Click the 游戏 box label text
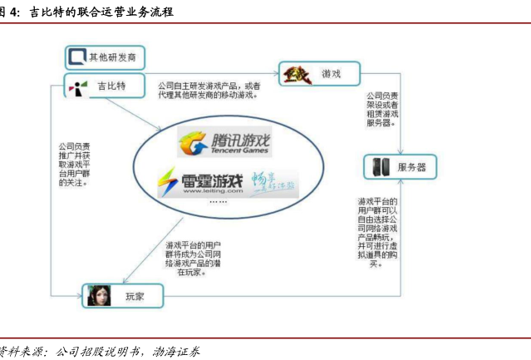coord(332,74)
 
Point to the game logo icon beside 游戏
coord(297,74)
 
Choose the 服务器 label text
coord(411,166)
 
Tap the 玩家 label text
coord(135,295)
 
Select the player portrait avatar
coord(98,295)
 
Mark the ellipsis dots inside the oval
coord(218,202)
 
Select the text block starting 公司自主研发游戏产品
coord(209,90)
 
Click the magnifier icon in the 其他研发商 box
coord(77,57)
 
